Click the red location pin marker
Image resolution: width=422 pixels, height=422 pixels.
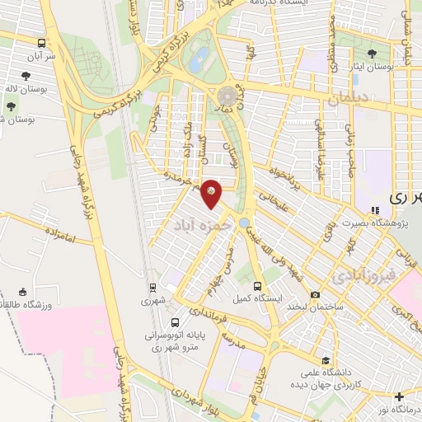click(x=212, y=193)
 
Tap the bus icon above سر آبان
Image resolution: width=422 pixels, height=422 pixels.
click(x=41, y=42)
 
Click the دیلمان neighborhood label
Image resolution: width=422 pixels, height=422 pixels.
click(x=345, y=100)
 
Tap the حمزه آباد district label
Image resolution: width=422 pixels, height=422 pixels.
click(x=195, y=223)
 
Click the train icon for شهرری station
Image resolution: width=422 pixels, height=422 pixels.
click(x=152, y=288)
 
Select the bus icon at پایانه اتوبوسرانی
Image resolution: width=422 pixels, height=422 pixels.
click(x=174, y=322)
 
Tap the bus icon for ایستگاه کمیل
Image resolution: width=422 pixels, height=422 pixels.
click(x=258, y=285)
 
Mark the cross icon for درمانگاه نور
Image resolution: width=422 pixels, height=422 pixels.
click(x=400, y=396)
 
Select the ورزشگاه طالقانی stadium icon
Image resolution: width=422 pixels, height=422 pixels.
click(x=22, y=292)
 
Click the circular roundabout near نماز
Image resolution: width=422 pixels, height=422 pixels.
click(x=227, y=95)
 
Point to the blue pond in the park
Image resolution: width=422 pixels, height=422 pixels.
click(x=199, y=59)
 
